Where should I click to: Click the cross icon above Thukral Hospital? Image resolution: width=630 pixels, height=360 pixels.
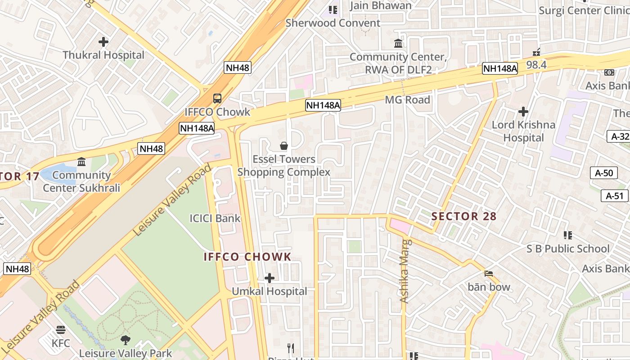(103, 42)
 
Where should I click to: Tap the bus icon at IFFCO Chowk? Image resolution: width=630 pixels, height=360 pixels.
(217, 98)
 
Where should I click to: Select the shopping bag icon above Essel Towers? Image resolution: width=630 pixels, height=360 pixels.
(284, 146)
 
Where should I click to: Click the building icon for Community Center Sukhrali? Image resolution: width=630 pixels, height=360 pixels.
(81, 162)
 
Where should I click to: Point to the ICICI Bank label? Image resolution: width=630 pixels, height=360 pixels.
(215, 218)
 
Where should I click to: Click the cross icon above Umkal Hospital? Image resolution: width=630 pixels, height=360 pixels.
(270, 278)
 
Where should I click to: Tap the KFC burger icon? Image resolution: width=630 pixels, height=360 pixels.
(61, 330)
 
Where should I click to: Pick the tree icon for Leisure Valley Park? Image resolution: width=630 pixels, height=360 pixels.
(126, 340)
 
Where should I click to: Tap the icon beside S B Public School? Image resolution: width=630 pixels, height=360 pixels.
(568, 235)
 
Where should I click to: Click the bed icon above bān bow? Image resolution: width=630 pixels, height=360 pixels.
(489, 273)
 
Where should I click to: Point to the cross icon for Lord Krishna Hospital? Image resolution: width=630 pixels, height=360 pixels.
(523, 111)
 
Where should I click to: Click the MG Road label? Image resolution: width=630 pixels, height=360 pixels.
(408, 100)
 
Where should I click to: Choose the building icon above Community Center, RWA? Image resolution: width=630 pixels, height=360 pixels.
(398, 44)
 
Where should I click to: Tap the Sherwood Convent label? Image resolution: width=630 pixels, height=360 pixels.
(333, 23)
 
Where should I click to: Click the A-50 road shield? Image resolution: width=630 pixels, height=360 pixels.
(604, 173)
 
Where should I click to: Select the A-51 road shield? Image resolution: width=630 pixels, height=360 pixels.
(615, 196)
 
